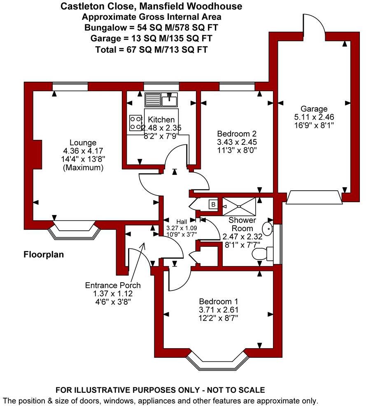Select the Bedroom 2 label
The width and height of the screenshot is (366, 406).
237,134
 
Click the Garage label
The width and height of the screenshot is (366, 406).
314,109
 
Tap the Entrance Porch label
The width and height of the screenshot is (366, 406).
113,285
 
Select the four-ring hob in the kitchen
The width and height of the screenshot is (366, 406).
135,123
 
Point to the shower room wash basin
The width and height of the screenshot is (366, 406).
268,227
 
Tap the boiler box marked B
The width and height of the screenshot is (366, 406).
213,204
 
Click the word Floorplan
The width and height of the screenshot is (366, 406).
43,255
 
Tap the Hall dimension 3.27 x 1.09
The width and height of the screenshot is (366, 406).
181,228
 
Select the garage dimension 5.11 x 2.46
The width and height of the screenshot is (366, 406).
314,117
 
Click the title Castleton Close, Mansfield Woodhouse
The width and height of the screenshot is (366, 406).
151,6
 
